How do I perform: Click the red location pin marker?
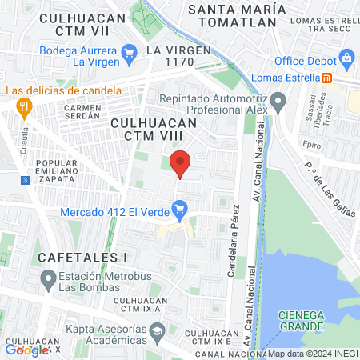point(181,162)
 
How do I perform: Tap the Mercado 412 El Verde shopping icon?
point(181,212)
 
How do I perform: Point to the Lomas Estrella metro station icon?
point(327,78)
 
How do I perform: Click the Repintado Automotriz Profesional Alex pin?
point(278,102)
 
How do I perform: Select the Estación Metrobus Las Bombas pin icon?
point(48,280)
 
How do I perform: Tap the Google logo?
point(26,350)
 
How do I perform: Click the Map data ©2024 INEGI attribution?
point(313,354)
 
